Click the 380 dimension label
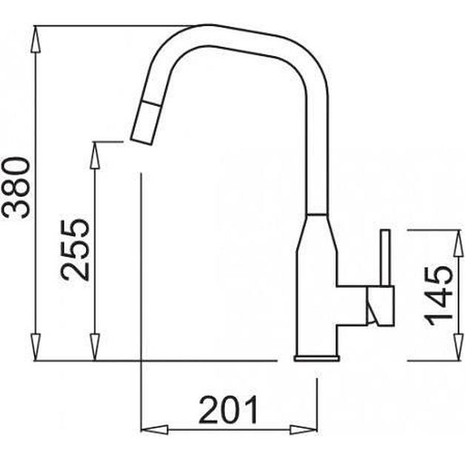[16, 187]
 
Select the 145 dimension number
[439, 295]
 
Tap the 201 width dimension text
[229, 410]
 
